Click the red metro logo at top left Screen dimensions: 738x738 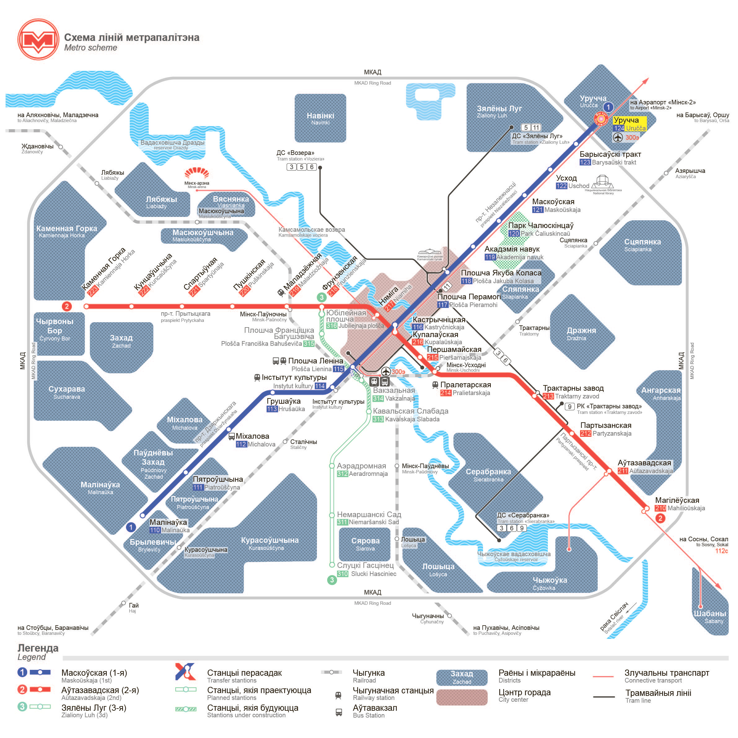pos(38,39)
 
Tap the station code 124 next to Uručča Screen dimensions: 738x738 pos(619,128)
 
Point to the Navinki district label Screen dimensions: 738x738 pos(320,118)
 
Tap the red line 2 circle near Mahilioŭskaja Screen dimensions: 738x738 pos(660,518)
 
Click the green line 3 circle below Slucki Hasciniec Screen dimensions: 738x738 pos(332,580)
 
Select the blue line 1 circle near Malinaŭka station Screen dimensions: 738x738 pos(131,527)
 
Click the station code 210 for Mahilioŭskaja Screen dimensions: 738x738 pos(660,508)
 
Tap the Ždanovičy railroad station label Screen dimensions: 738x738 pos(37,148)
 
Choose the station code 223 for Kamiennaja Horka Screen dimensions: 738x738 pos(92,291)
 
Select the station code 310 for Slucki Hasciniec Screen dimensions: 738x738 pos(342,574)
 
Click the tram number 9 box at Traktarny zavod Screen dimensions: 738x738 pos(569,406)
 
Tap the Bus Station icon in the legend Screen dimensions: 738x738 pos(338,712)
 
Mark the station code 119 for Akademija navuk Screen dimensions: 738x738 pos(490,257)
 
